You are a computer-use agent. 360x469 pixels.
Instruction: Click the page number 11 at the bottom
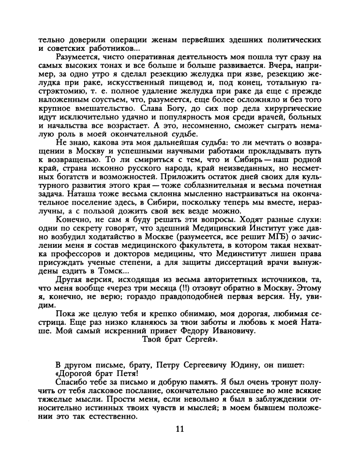click(180, 428)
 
